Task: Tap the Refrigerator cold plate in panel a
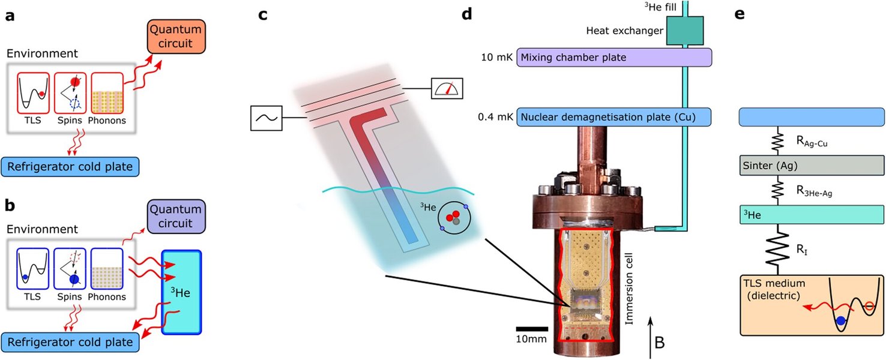70,166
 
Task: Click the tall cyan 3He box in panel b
181,292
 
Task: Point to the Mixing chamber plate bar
613,58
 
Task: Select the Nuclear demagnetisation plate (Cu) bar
613,116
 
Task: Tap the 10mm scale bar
532,329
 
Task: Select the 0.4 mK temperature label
498,117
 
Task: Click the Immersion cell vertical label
630,288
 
